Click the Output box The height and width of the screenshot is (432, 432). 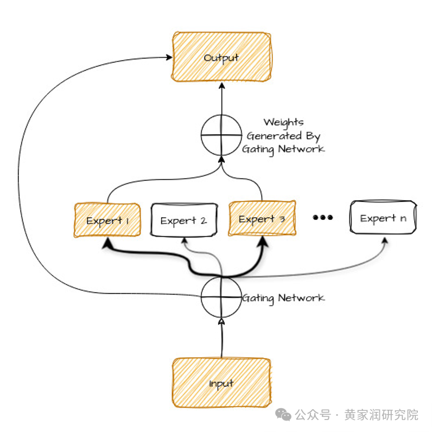tap(221, 57)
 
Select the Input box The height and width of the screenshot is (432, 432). tap(221, 383)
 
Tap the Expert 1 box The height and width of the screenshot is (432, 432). tap(106, 220)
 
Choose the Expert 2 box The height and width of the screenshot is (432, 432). tap(183, 220)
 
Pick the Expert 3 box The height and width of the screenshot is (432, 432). tap(262, 218)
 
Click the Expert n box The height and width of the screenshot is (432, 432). tap(383, 218)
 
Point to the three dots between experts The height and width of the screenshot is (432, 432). tap(323, 218)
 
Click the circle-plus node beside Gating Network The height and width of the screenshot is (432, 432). tap(221, 297)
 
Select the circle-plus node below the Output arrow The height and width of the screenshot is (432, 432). tap(221, 134)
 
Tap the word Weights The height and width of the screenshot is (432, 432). tap(283, 122)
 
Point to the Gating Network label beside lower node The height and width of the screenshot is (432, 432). tap(283, 298)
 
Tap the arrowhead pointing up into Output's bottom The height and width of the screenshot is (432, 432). tap(221, 86)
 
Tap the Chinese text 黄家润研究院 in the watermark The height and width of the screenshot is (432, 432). tap(382, 415)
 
